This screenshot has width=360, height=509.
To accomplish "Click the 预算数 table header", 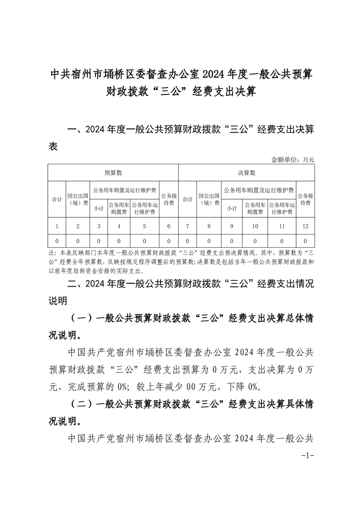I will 113,173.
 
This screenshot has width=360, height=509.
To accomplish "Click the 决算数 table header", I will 247,173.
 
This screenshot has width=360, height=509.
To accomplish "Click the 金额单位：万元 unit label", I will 292,159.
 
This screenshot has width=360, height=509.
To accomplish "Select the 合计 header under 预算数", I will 56,199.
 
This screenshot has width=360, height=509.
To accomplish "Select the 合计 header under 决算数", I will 187,199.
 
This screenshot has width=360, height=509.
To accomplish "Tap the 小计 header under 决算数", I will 232,208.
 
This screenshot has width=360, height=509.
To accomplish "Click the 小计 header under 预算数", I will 99,208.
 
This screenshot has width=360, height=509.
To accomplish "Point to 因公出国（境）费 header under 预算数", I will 78,199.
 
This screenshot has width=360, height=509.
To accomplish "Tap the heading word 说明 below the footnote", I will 58,300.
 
